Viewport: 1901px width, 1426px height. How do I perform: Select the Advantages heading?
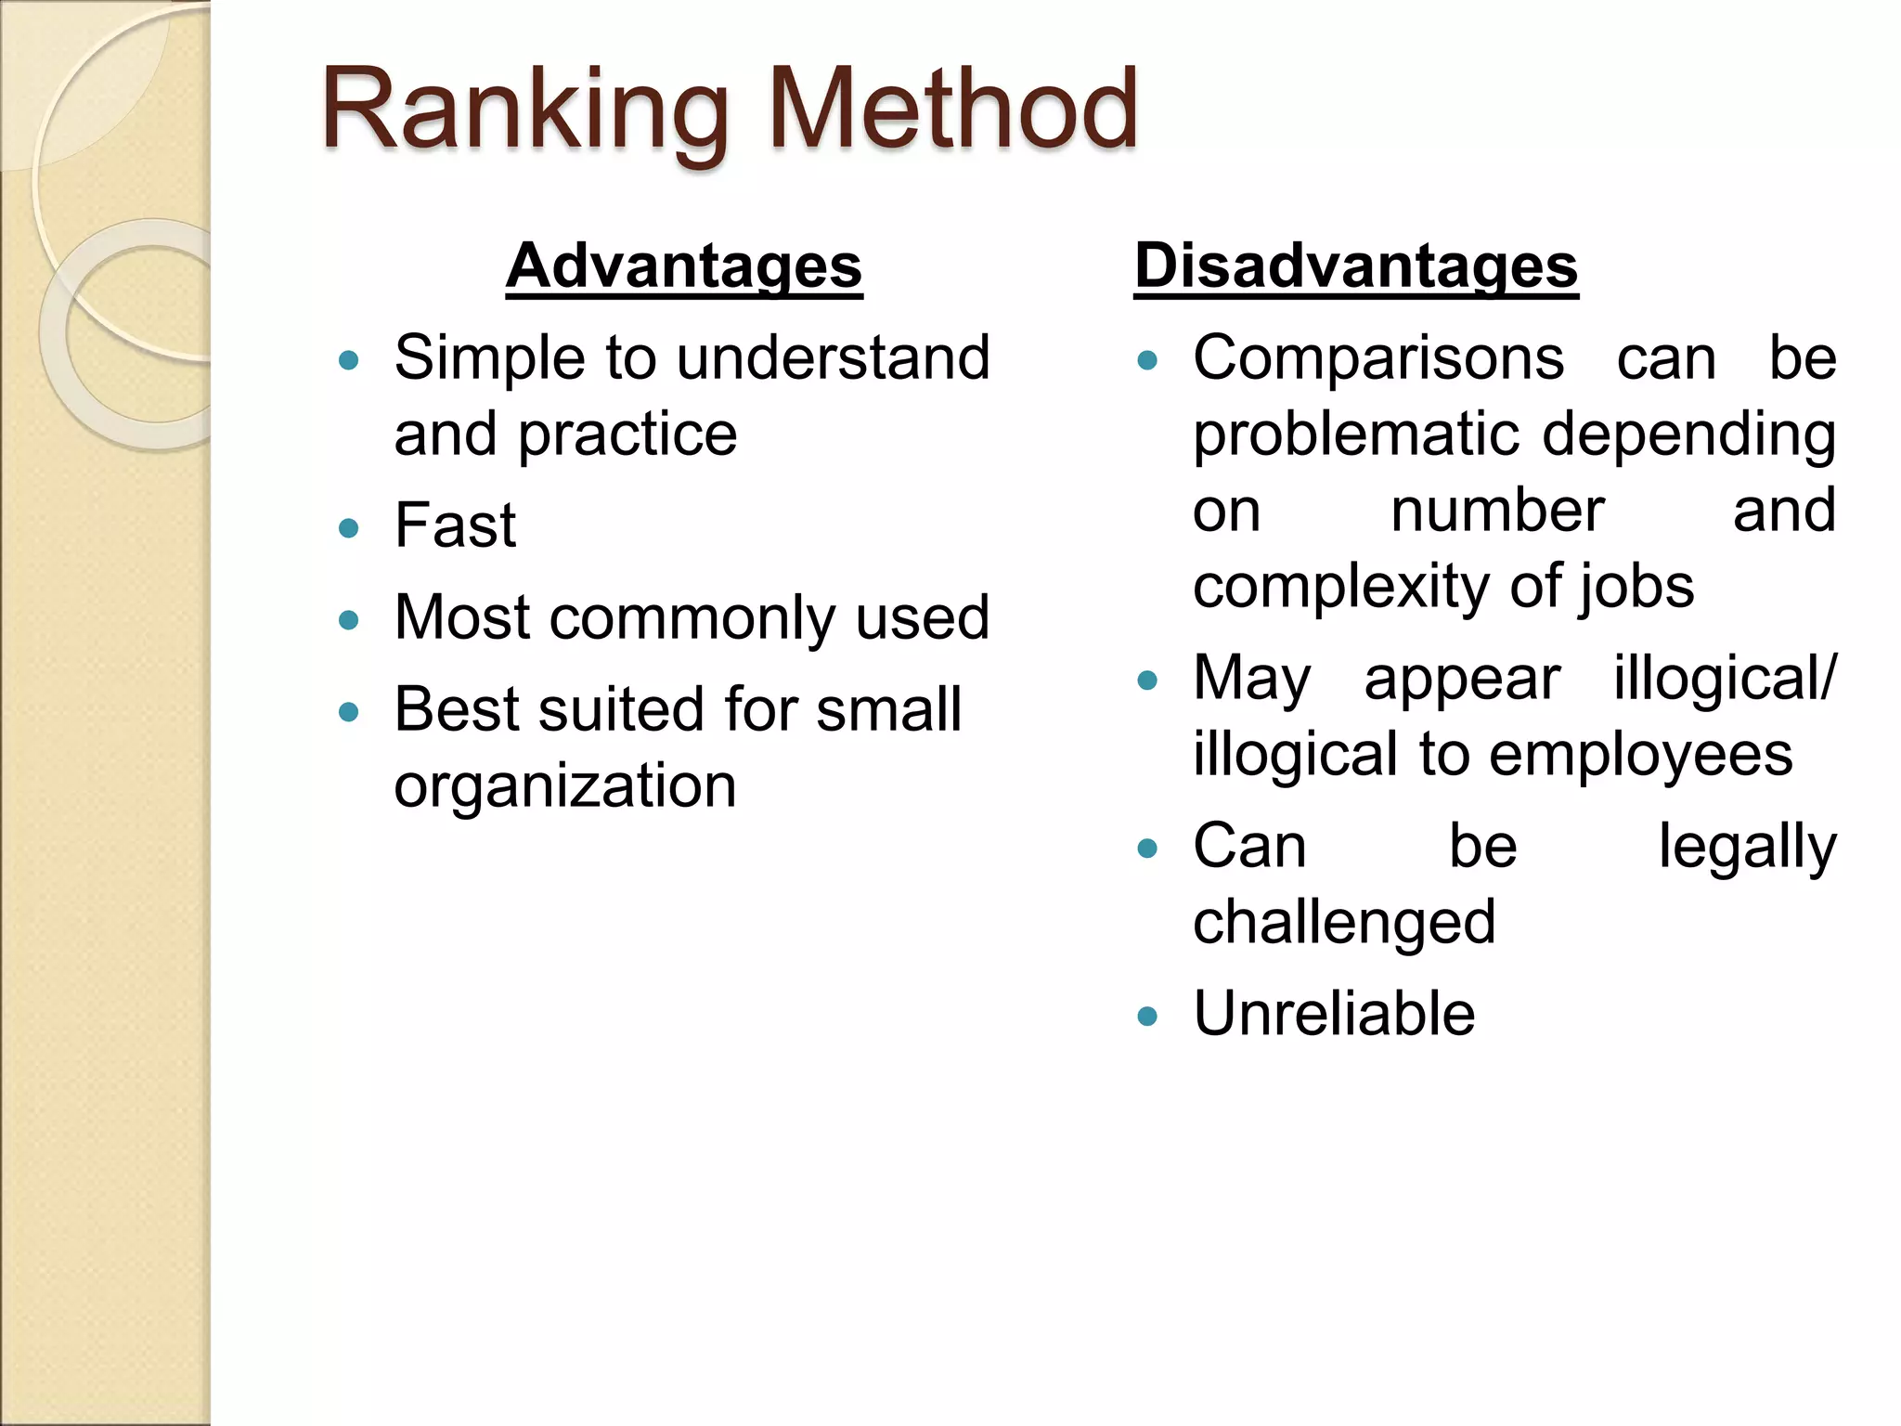tap(684, 266)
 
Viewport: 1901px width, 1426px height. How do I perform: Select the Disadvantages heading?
tap(1355, 266)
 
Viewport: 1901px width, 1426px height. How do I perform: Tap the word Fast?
tap(455, 526)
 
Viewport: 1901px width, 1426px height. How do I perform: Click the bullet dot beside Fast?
tap(349, 528)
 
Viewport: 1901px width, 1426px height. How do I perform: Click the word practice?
tap(627, 434)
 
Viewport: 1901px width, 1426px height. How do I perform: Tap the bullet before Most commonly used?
tap(349, 620)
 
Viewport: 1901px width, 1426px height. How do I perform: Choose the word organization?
tap(565, 787)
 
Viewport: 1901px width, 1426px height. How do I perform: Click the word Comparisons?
tap(1378, 359)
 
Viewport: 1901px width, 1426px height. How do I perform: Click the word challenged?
tap(1344, 923)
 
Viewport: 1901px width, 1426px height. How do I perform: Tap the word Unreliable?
tap(1334, 1014)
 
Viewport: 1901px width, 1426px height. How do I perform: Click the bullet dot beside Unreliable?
tap(1147, 1016)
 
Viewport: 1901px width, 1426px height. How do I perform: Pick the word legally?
tap(1747, 849)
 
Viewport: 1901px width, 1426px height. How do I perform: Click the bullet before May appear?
tap(1147, 681)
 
